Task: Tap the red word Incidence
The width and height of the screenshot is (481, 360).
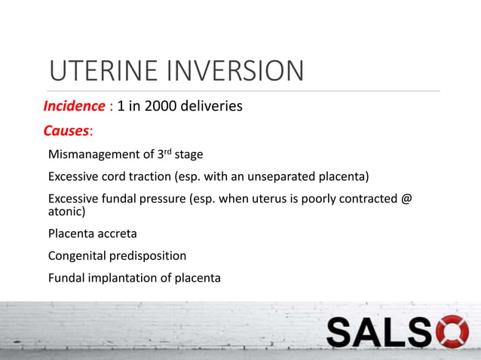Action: pos(75,106)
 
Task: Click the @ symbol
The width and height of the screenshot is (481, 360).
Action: pos(406,199)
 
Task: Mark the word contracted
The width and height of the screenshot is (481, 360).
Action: pos(360,199)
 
